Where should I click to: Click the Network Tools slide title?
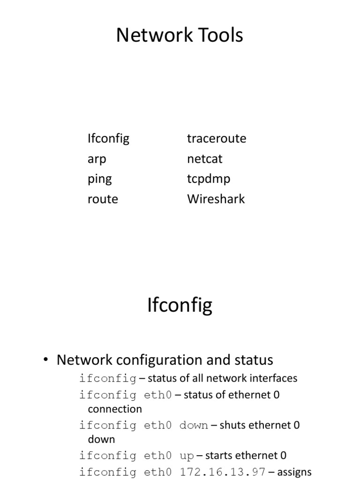pyautogui.click(x=180, y=35)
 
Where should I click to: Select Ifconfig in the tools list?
pyautogui.click(x=108, y=139)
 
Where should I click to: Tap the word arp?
pyautogui.click(x=97, y=159)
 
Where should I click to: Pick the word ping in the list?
pyautogui.click(x=99, y=180)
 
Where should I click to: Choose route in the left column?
pyautogui.click(x=103, y=199)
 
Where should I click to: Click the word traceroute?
pyautogui.click(x=216, y=139)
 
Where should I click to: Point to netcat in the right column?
pyautogui.click(x=204, y=159)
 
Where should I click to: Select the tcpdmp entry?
pyautogui.click(x=209, y=180)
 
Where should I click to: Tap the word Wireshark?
pyautogui.click(x=216, y=199)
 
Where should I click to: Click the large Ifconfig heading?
pyautogui.click(x=180, y=306)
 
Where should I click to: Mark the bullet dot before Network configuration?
pyautogui.click(x=45, y=360)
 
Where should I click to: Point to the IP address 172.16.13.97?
pyautogui.click(x=223, y=472)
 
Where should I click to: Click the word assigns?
pyautogui.click(x=294, y=472)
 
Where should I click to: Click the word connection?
pyautogui.click(x=115, y=409)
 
